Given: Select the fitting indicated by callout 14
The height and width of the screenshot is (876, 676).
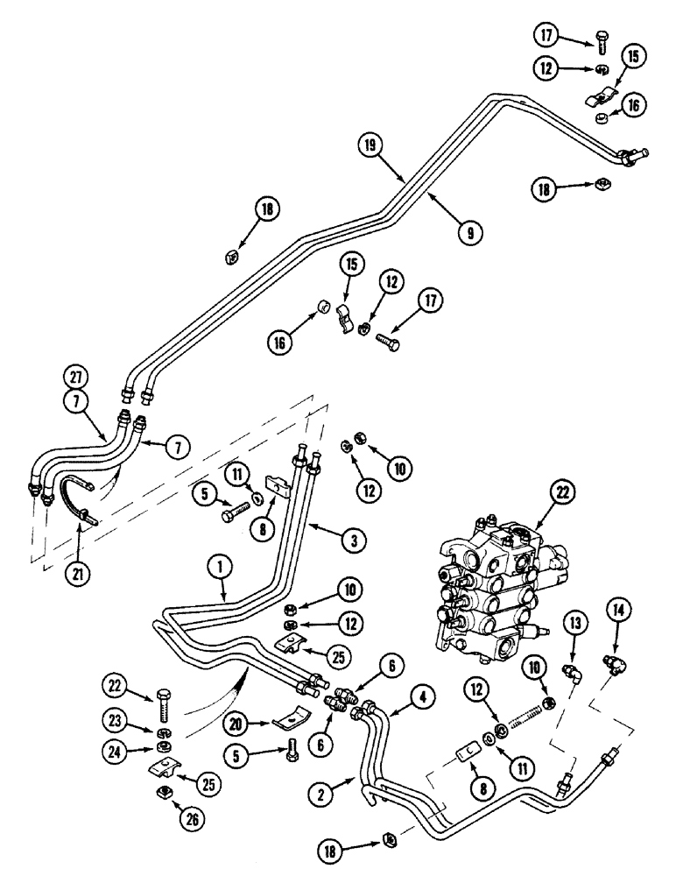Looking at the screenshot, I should tap(611, 661).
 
